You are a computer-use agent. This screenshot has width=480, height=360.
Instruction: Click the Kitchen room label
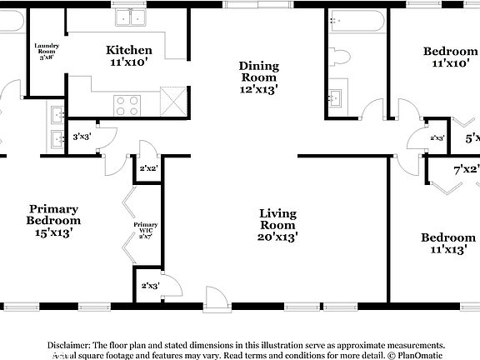129,50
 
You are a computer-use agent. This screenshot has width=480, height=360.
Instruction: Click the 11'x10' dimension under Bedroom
455,62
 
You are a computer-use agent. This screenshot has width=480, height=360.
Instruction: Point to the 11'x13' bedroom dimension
447,249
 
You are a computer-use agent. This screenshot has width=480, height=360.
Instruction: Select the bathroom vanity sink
337,97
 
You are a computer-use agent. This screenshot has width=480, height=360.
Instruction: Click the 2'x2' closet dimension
148,169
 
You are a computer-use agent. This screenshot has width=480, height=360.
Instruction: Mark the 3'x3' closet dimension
82,137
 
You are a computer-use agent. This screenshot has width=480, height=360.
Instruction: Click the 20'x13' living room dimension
277,237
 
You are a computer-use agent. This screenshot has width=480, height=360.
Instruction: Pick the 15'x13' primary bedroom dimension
54,233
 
